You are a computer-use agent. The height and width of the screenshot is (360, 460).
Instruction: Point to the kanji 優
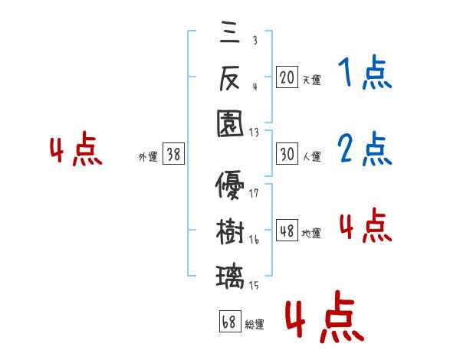click(230, 186)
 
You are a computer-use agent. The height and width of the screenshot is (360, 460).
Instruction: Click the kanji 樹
click(230, 232)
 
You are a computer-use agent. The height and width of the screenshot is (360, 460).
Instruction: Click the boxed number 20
click(287, 77)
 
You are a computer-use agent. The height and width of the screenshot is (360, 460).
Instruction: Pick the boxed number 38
click(173, 154)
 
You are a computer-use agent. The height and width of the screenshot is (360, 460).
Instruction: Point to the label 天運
click(311, 80)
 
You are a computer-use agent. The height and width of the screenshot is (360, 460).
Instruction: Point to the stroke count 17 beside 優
click(254, 193)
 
